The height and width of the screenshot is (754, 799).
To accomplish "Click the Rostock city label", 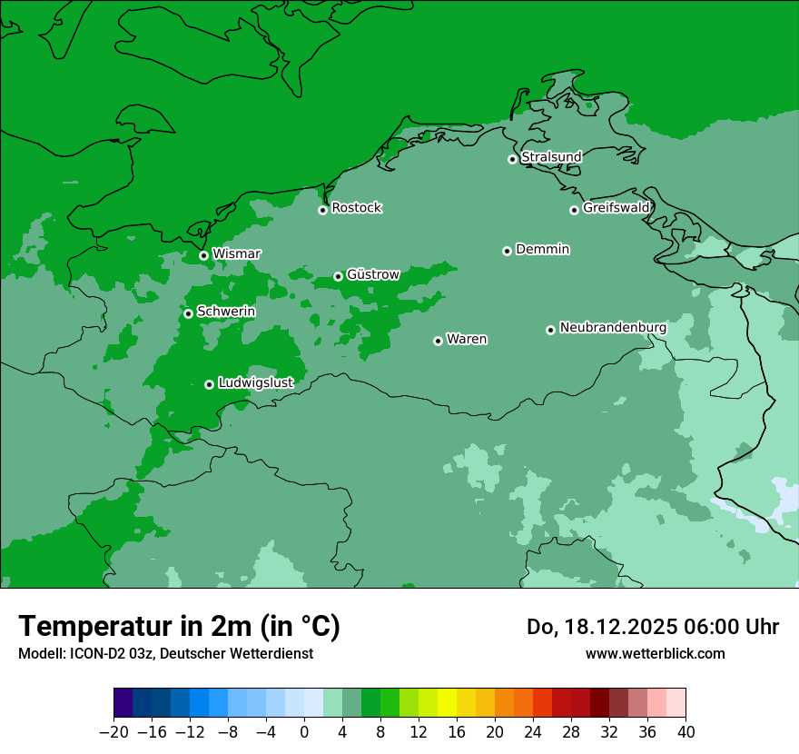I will click(356, 208).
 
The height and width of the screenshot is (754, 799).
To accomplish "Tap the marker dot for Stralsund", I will click(512, 159).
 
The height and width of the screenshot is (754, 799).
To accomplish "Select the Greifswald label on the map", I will click(616, 208).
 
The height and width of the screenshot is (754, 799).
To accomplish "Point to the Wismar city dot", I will click(203, 255).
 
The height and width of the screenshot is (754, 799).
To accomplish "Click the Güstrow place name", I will click(372, 274).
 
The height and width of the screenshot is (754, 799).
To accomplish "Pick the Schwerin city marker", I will click(188, 313).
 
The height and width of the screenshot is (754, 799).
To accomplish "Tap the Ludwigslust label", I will click(255, 383).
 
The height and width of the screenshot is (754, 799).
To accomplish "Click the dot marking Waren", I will click(438, 341).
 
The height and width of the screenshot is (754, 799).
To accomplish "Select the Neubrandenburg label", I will click(613, 328).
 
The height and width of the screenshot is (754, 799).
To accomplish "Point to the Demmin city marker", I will click(507, 251).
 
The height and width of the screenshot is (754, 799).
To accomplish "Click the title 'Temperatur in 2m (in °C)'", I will click(179, 627).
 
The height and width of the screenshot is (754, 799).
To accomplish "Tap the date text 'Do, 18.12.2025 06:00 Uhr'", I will click(652, 627).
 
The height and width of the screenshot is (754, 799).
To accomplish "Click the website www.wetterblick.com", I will click(655, 653).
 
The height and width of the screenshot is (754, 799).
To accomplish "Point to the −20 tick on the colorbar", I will click(113, 731).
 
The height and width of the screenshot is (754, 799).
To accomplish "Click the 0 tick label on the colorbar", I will click(304, 731).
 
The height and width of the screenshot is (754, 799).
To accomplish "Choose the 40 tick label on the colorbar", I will click(686, 731).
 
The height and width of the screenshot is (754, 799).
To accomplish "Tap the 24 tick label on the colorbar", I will click(533, 731).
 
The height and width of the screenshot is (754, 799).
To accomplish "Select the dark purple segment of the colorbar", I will click(123, 703).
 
